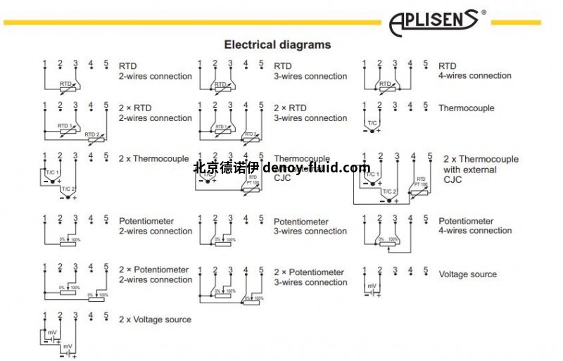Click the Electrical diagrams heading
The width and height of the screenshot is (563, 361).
(277, 44)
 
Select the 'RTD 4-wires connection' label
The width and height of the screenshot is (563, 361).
(475, 71)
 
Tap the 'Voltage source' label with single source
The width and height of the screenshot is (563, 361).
(467, 274)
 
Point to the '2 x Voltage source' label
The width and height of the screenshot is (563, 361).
(155, 319)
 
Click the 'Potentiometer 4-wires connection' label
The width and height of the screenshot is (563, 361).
(475, 226)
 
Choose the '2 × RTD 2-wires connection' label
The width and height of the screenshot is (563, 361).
(155, 113)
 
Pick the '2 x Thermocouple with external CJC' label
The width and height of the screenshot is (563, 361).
(481, 170)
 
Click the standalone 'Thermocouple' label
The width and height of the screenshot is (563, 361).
(466, 108)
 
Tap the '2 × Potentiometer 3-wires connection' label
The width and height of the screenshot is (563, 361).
(310, 277)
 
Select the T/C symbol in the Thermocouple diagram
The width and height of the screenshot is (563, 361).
(372, 123)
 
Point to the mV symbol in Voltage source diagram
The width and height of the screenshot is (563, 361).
(371, 285)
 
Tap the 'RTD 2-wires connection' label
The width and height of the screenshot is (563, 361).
(155, 71)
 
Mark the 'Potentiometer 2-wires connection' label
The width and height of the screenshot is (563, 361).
(155, 226)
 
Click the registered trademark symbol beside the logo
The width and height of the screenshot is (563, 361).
(483, 12)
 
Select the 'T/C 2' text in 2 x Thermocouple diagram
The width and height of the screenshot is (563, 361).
(68, 189)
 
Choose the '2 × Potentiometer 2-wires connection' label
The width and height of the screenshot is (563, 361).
(155, 274)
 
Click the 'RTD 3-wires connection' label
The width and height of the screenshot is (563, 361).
(310, 71)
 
